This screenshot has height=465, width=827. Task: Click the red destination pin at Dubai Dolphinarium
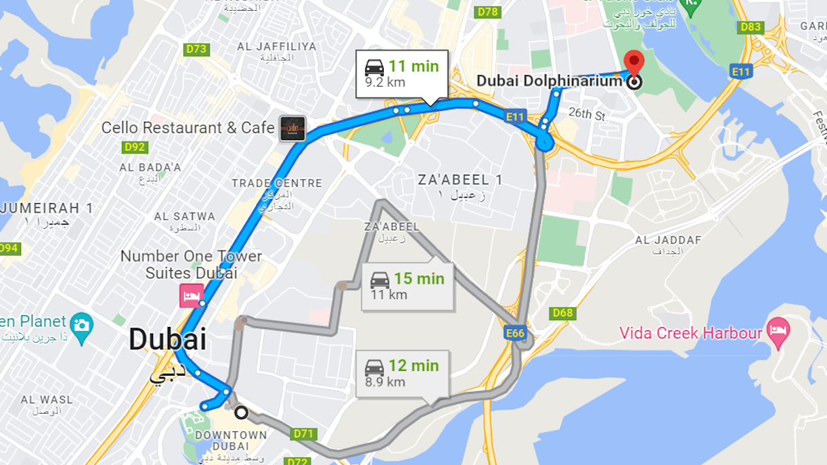pos(633,62)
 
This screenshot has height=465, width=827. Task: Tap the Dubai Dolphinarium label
pos(549,81)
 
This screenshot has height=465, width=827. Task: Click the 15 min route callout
pos(407,285)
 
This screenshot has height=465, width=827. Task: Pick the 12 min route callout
pos(402,372)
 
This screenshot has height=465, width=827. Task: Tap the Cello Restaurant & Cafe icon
pos(293,128)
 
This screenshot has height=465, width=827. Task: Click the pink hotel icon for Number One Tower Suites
pos(192,296)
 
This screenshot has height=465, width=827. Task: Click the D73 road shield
pos(196,49)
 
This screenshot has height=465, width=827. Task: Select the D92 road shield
pos(135,147)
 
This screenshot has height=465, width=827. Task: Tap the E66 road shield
pos(516,333)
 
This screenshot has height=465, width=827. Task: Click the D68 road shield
pos(562,313)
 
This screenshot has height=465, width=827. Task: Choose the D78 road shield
pos(487,12)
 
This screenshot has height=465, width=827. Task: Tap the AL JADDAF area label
pos(667,240)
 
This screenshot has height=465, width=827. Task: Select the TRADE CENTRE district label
pos(277,183)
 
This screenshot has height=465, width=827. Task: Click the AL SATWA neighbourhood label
pos(185,217)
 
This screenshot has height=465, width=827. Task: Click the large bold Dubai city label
pos(167,339)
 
